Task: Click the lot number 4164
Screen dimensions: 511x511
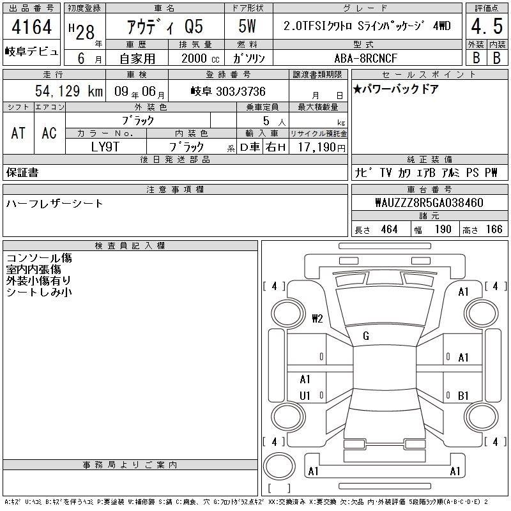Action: (x=31, y=26)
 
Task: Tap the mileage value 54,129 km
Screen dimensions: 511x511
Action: (x=69, y=91)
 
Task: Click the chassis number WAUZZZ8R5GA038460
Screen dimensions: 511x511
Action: (x=429, y=202)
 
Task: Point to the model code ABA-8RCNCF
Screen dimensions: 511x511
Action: (x=365, y=58)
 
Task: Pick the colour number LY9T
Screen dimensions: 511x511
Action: (x=105, y=147)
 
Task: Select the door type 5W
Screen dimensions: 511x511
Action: (x=247, y=26)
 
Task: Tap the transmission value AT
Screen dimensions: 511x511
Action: (x=18, y=133)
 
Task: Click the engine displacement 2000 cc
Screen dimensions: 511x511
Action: (x=201, y=58)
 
